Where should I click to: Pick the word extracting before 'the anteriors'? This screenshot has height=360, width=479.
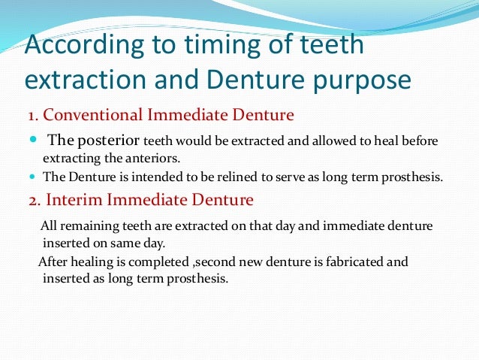(71, 159)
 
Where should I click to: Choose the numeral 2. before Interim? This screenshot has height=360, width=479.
(34, 201)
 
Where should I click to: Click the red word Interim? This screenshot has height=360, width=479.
(74, 201)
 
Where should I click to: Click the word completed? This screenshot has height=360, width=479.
(161, 262)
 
